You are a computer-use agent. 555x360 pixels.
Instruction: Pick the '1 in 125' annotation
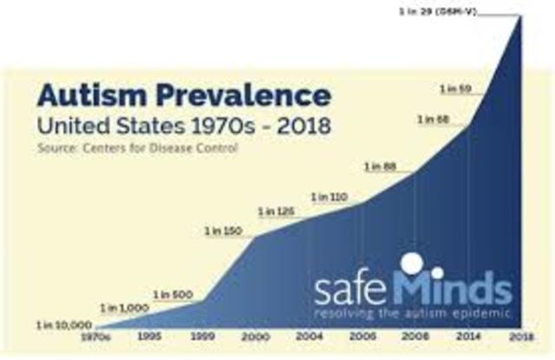(x=276, y=211)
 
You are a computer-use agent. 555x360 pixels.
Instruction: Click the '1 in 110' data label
(x=329, y=197)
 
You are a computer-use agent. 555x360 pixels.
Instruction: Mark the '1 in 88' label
(x=382, y=167)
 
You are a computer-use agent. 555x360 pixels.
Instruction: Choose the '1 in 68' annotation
(x=436, y=118)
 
